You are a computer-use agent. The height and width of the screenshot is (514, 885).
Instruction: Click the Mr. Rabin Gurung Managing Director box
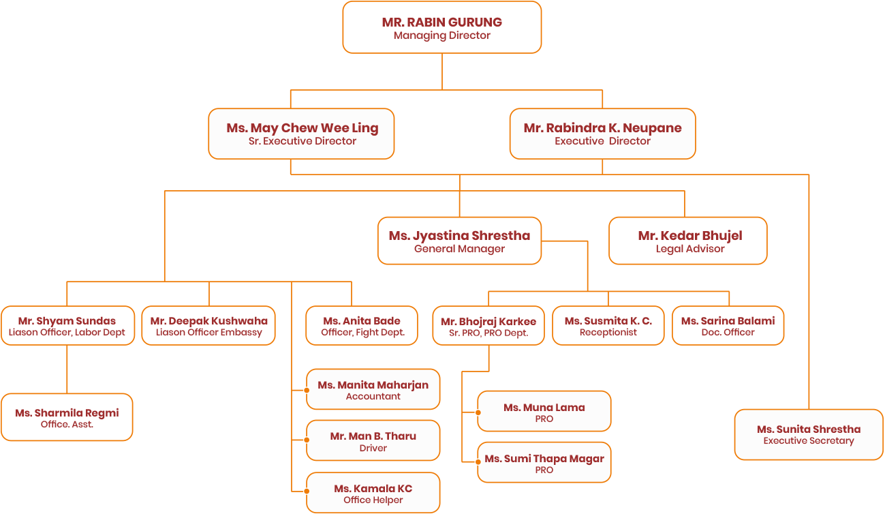(441, 28)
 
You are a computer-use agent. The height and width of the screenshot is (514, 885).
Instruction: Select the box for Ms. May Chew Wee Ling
(301, 134)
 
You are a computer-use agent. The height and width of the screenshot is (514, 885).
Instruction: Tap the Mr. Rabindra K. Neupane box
(602, 134)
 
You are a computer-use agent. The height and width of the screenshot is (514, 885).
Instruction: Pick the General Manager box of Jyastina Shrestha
(459, 241)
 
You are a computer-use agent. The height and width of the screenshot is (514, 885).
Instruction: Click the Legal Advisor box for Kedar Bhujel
(688, 241)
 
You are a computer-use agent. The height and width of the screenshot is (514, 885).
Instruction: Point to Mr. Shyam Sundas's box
(67, 326)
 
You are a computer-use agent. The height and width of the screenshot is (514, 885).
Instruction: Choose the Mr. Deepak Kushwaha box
(208, 326)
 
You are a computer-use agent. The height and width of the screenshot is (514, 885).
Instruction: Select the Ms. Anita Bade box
(362, 326)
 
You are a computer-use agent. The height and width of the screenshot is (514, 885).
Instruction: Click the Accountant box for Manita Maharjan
(373, 390)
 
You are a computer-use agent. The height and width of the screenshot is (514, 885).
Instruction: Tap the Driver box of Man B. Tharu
(373, 441)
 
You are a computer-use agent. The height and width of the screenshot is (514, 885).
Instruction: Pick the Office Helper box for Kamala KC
(373, 493)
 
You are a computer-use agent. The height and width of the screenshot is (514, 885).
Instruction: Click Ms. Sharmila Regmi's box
(67, 417)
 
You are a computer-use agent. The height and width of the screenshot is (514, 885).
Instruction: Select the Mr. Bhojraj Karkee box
(488, 326)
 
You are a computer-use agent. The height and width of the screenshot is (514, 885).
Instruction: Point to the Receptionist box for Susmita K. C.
(608, 326)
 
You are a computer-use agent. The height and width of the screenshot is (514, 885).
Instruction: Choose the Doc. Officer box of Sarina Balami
(728, 326)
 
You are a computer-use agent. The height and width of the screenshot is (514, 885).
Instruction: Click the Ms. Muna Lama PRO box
(544, 412)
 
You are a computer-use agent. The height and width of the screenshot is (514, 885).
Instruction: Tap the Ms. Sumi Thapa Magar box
(544, 464)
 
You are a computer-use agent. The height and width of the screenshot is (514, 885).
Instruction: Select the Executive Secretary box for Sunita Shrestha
(808, 434)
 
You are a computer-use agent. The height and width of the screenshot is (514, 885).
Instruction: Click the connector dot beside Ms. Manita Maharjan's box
(307, 391)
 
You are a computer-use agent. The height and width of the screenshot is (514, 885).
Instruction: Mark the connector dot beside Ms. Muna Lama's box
(478, 412)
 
